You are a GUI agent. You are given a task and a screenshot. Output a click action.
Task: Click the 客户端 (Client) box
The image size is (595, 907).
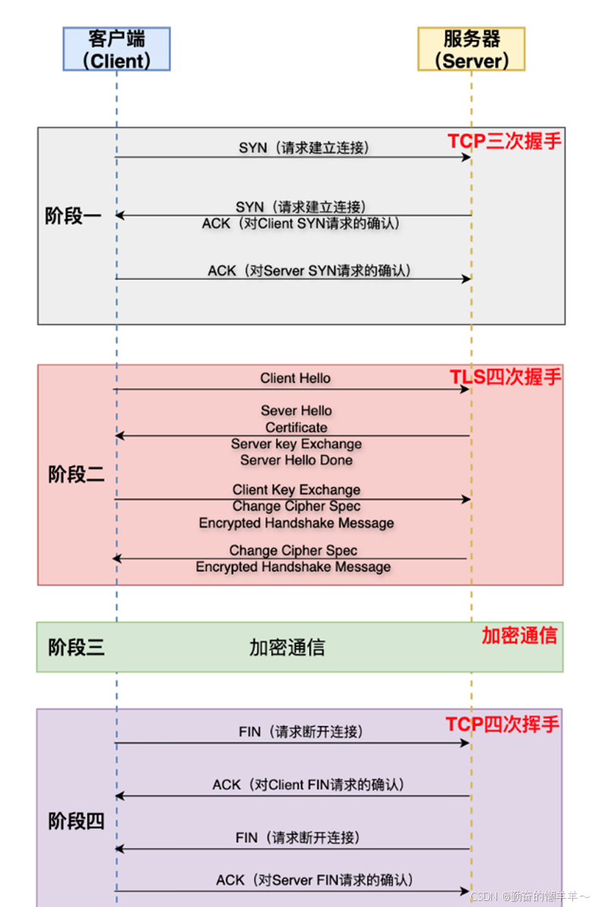[x=117, y=49]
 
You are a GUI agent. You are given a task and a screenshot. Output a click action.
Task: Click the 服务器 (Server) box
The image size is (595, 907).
[x=471, y=49]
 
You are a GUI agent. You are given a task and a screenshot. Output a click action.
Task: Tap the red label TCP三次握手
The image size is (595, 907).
[x=504, y=141]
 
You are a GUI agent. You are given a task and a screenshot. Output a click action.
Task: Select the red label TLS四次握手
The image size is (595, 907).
[x=505, y=377]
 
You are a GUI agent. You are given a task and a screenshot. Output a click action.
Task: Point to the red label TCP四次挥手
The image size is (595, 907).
[x=502, y=724]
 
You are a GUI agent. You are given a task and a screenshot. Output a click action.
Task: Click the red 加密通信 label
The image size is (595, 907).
[x=520, y=636]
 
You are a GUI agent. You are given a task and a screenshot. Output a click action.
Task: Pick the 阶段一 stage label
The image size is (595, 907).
[x=74, y=217]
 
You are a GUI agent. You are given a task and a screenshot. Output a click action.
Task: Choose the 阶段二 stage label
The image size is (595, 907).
[x=77, y=475]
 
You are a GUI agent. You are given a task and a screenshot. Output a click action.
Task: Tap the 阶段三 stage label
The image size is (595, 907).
[x=77, y=647]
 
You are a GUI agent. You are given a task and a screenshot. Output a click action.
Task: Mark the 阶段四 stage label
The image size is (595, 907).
[x=77, y=821]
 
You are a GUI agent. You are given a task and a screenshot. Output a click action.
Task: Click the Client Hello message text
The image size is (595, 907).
[x=295, y=378]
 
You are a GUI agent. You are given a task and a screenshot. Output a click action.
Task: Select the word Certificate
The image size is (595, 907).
[x=296, y=428]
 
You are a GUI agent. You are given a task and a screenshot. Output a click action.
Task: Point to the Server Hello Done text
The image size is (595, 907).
[x=296, y=460]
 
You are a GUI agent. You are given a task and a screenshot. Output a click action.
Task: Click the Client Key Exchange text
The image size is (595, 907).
[x=296, y=490]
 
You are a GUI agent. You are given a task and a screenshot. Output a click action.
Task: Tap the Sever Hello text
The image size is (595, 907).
[x=296, y=410]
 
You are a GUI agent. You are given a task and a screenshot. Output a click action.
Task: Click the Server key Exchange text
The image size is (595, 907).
[x=296, y=444]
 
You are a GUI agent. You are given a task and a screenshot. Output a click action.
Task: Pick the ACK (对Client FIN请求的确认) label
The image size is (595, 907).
[x=307, y=785]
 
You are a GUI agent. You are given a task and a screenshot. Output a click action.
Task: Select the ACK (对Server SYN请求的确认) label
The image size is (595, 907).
[x=310, y=270]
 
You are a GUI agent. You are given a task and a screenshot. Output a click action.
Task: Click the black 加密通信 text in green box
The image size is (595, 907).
[x=287, y=647]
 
